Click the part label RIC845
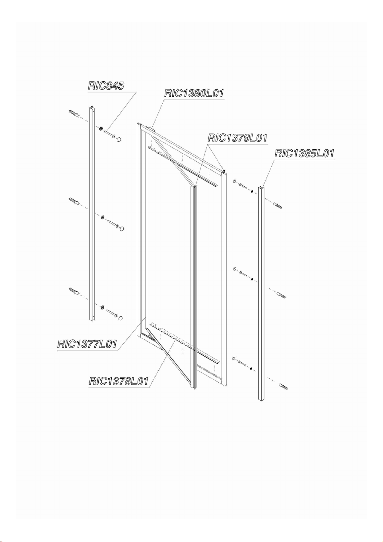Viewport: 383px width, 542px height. coord(106,86)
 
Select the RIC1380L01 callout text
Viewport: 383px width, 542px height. coord(194,93)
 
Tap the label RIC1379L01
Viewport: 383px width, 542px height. coord(238,138)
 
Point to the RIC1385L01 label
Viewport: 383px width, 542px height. coord(305,153)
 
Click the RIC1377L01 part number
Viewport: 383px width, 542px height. coord(87,344)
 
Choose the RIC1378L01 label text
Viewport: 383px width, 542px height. coord(119,381)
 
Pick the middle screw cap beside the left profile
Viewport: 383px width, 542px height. coord(122,229)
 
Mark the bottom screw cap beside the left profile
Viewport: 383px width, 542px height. coord(121,318)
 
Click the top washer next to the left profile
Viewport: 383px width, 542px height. coord(101,128)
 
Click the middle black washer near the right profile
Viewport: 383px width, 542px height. coord(252,280)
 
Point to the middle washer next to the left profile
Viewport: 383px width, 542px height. coord(103,217)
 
